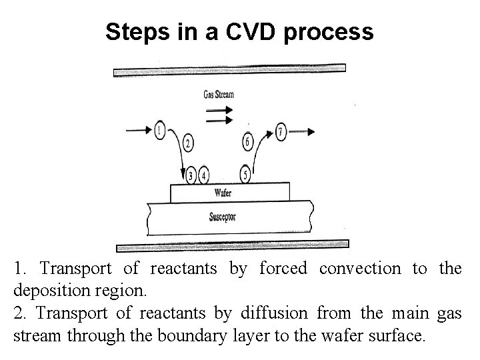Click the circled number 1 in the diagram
click(x=159, y=129)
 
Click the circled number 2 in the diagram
click(x=188, y=143)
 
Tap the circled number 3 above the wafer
click(x=192, y=176)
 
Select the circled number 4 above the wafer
click(x=204, y=176)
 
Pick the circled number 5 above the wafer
click(x=246, y=175)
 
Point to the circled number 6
click(x=247, y=141)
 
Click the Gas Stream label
click(x=219, y=94)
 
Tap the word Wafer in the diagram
click(x=223, y=193)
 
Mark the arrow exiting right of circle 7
click(x=303, y=131)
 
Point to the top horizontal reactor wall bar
click(x=230, y=69)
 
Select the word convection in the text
click(x=361, y=269)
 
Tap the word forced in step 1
click(x=283, y=269)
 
